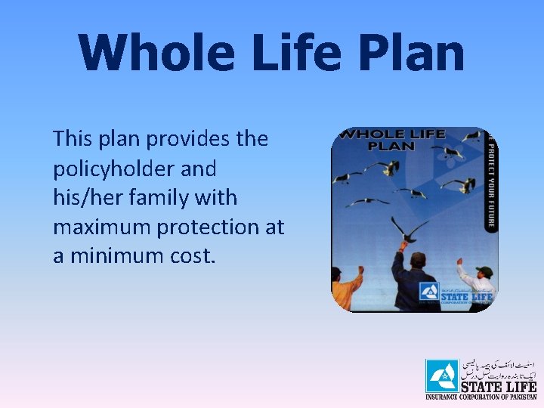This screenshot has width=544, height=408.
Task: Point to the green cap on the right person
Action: (484, 271)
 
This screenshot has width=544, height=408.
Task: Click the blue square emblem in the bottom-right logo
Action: (441, 376)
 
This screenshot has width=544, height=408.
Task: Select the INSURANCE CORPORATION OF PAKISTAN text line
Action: (480, 396)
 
